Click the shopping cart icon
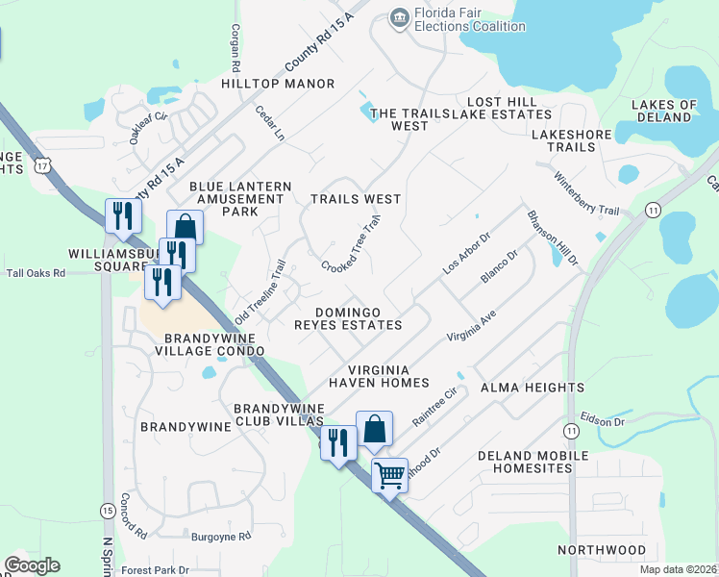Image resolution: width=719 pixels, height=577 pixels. (389, 474)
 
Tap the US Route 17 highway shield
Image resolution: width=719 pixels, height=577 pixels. (41, 166)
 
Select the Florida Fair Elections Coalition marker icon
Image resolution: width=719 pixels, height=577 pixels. (399, 17)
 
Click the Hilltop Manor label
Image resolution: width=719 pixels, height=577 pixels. (278, 84)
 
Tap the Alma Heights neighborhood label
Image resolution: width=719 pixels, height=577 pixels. (533, 388)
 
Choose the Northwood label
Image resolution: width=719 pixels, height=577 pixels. (602, 550)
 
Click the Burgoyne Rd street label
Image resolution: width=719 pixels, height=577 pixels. (220, 536)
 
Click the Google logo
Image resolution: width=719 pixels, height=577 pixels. (32, 565)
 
